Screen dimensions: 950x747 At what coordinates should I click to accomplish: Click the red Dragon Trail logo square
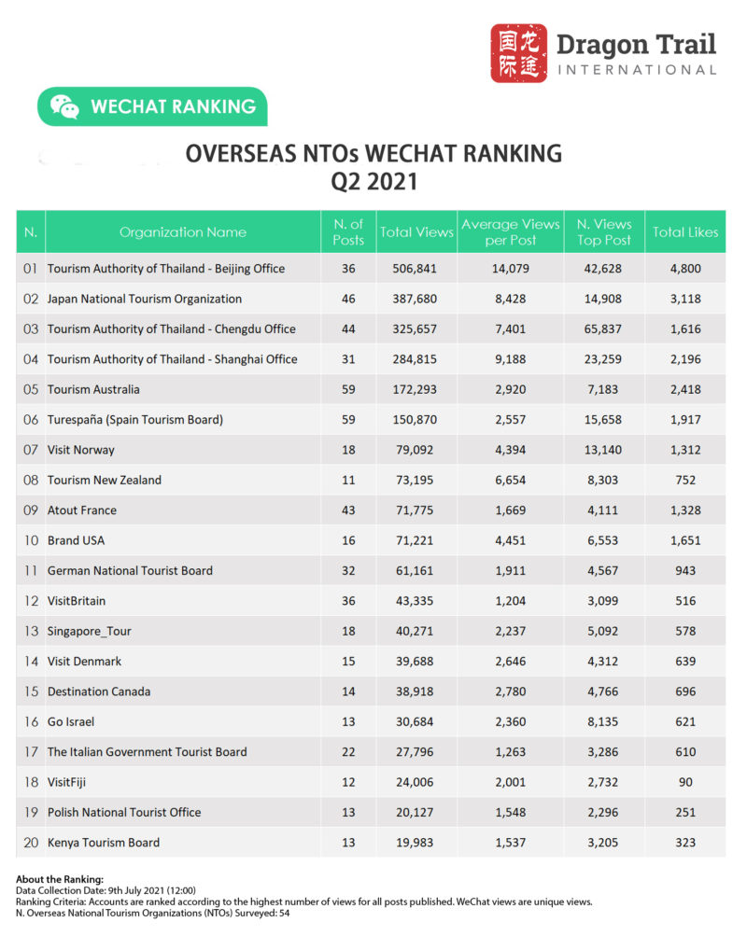click(519, 53)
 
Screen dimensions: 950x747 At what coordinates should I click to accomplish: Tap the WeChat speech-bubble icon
click(64, 106)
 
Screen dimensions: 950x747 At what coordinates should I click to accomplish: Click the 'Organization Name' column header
click(183, 232)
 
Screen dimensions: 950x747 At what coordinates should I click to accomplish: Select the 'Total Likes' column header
click(686, 232)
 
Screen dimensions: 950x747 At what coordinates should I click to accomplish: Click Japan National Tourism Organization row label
click(145, 299)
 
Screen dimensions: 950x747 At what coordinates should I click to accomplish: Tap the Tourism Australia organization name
click(93, 389)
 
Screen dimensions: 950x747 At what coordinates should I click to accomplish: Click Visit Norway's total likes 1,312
click(686, 450)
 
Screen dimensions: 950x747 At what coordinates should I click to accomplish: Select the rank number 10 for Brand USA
click(30, 540)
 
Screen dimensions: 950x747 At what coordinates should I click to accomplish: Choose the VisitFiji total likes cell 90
click(686, 782)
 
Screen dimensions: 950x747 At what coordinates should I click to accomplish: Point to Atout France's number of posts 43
click(348, 510)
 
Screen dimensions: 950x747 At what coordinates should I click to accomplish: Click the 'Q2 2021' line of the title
click(373, 180)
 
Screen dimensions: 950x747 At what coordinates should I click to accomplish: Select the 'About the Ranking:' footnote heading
click(60, 880)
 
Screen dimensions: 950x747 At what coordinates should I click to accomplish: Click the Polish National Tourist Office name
click(124, 812)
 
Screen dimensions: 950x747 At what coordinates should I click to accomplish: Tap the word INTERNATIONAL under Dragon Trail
click(637, 70)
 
